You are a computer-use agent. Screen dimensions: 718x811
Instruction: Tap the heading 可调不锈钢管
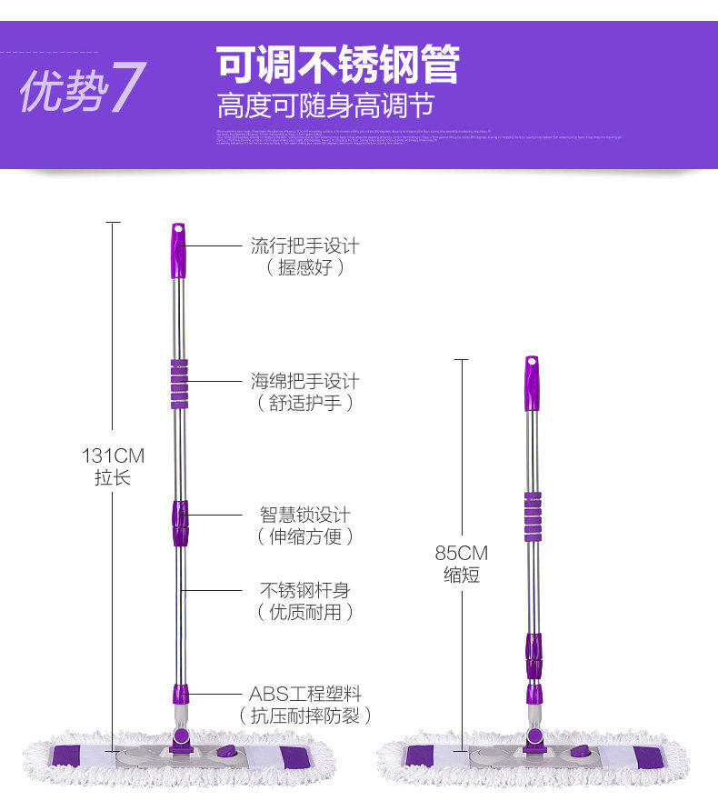pyautogui.click(x=337, y=65)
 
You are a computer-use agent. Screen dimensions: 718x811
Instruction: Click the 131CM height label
pyautogui.click(x=113, y=456)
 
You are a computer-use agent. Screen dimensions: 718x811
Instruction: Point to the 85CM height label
pyautogui.click(x=461, y=554)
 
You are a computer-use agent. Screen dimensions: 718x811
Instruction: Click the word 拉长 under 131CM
pyautogui.click(x=113, y=477)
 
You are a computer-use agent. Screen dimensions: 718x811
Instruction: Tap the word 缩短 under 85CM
pyautogui.click(x=461, y=576)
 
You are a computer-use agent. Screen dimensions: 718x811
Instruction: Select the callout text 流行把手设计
pyautogui.click(x=305, y=245)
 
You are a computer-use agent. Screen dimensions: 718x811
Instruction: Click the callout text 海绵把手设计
pyautogui.click(x=305, y=381)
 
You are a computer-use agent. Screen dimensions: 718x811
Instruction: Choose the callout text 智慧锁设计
pyautogui.click(x=305, y=515)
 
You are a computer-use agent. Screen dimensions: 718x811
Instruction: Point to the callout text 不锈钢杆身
pyautogui.click(x=305, y=590)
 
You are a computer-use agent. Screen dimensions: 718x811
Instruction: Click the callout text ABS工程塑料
pyautogui.click(x=305, y=694)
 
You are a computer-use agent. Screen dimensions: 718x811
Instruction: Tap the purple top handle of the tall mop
pyautogui.click(x=178, y=250)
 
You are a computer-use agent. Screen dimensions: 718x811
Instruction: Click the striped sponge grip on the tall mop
pyautogui.click(x=180, y=384)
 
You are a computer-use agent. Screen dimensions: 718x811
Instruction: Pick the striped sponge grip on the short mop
pyautogui.click(x=533, y=516)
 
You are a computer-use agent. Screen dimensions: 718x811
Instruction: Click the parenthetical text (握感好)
pyautogui.click(x=305, y=267)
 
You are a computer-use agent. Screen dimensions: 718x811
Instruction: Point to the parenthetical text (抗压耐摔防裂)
pyautogui.click(x=305, y=716)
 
